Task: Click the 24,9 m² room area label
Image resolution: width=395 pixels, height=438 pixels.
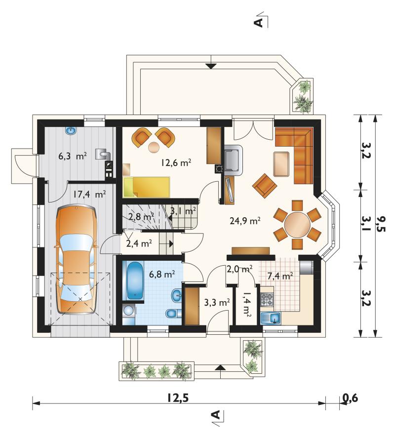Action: point(245,221)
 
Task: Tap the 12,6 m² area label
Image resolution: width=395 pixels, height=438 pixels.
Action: point(176,162)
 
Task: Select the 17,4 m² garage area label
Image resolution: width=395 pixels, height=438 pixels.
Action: point(89,194)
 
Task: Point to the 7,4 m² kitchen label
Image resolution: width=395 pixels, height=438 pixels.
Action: point(280,276)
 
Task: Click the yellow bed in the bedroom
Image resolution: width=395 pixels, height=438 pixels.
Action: point(146,187)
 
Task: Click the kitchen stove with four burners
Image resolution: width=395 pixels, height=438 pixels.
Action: point(267,299)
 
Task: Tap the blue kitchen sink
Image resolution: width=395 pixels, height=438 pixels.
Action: point(271,318)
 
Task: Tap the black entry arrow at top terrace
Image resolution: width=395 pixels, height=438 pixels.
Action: point(211,66)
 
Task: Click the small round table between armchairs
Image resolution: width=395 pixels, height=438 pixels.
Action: point(154,147)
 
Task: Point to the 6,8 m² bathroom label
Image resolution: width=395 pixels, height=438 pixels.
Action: point(162,274)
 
